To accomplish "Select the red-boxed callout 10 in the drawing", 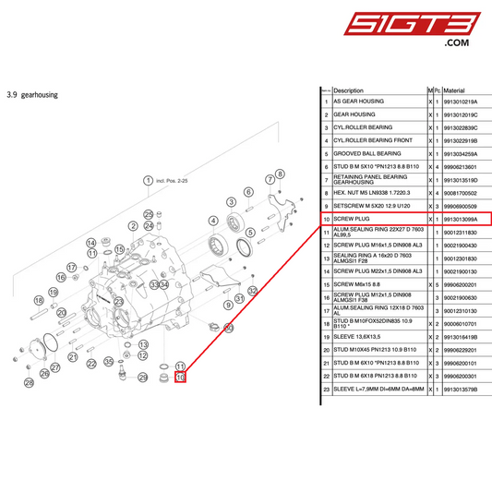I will (x=180, y=377).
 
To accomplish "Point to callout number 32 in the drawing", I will (x=252, y=291).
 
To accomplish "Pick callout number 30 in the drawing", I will (x=229, y=328).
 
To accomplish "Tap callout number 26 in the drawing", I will (x=30, y=382).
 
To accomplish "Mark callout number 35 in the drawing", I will (x=108, y=362).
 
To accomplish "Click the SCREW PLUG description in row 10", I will (x=351, y=219).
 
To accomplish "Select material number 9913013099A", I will (x=467, y=219).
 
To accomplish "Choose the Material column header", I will (x=460, y=90).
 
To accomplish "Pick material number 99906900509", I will (x=467, y=205).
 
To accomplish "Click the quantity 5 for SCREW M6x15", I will (x=438, y=285).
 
